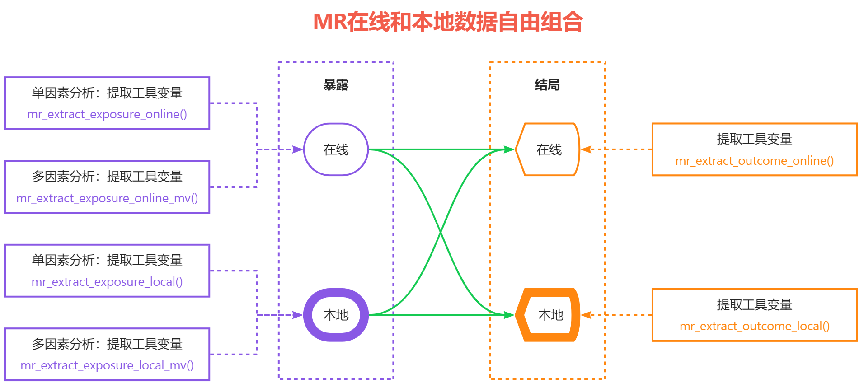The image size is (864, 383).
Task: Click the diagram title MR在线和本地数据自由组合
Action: tap(448, 22)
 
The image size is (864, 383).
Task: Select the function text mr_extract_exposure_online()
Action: tap(107, 114)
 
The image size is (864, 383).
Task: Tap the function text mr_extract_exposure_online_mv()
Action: tap(107, 198)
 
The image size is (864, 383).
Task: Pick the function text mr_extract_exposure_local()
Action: tap(107, 282)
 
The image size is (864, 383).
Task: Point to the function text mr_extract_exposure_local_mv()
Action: tap(107, 365)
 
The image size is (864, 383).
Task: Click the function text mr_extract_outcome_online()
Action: tap(754, 161)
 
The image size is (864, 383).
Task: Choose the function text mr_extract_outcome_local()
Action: tap(754, 326)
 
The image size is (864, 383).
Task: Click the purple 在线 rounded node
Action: tap(336, 149)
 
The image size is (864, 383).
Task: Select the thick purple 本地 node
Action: tap(336, 315)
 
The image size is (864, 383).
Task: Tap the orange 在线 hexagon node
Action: tap(548, 149)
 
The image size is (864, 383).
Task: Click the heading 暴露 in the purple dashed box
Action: tap(336, 85)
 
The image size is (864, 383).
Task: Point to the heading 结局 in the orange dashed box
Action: tap(547, 85)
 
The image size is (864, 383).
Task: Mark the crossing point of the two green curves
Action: tap(441, 232)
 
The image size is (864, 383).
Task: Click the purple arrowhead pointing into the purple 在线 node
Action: tap(298, 149)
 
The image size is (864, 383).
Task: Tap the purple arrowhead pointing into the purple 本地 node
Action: tap(298, 315)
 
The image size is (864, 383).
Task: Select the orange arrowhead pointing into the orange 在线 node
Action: tap(586, 149)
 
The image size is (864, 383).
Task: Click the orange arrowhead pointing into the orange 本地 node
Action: tap(586, 315)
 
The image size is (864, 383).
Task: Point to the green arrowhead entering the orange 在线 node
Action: tap(509, 149)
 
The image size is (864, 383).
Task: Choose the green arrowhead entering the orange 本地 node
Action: tap(509, 315)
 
